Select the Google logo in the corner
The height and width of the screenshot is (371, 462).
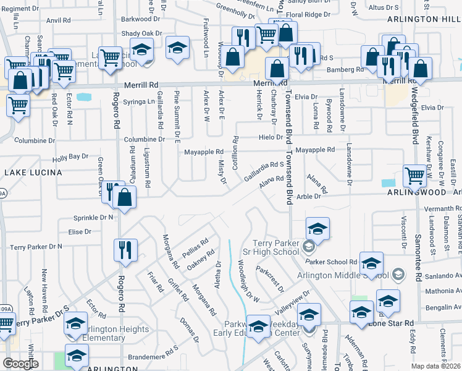click(x=20, y=364)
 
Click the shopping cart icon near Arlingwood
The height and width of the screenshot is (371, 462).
click(x=414, y=176)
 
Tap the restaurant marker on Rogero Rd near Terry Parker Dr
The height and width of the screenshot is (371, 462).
click(x=125, y=250)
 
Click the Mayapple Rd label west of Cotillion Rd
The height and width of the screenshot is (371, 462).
click(x=203, y=151)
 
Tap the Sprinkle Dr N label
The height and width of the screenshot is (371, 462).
click(x=93, y=218)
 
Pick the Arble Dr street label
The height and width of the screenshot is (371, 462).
click(x=309, y=196)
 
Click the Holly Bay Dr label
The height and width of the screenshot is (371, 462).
click(x=70, y=158)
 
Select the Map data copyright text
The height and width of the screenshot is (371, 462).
click(x=435, y=366)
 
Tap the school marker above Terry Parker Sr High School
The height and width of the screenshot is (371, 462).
click(x=317, y=229)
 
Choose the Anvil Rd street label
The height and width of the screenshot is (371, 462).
click(x=59, y=20)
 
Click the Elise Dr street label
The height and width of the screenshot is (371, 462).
click(x=80, y=232)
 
